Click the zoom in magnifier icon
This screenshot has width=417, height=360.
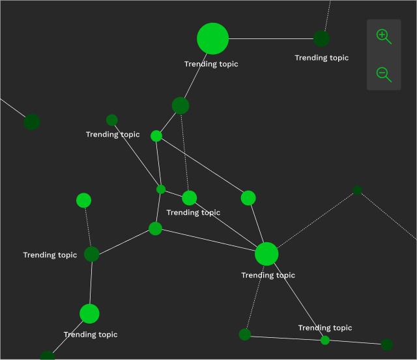pos(384,36)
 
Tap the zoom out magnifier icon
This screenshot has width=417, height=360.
pos(384,74)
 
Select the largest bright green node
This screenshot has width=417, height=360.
pos(213,38)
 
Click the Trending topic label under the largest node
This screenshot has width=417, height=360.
pos(211,64)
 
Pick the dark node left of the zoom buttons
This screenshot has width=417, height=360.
pos(321,38)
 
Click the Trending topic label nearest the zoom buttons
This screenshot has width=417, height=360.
pos(321,58)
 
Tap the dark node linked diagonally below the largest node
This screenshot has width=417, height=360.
pos(180,105)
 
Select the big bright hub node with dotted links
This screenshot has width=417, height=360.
pos(266,253)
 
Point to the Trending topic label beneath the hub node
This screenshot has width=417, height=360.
pos(268,275)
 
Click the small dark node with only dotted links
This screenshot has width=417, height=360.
pos(357,191)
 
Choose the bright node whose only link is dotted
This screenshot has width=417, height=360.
pos(83,201)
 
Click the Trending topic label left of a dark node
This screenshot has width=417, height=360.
pos(50,255)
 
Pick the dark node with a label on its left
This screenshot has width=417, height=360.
pos(91,254)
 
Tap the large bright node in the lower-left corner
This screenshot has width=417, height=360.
pos(89,314)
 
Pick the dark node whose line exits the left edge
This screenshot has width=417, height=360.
pos(32,122)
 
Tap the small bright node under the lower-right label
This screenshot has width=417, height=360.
pos(325,340)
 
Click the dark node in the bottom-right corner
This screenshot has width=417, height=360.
pos(387,344)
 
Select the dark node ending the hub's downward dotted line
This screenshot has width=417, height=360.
pos(245,335)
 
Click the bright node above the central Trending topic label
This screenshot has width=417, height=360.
pos(189,198)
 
